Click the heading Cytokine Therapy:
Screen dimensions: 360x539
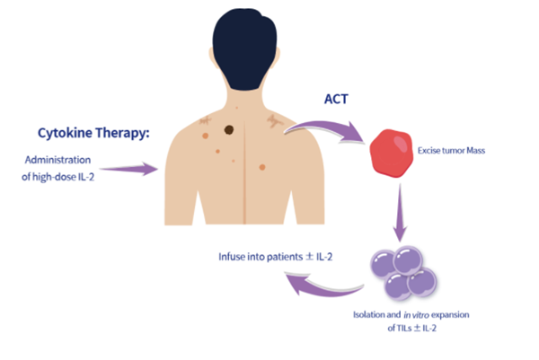(x=92, y=133)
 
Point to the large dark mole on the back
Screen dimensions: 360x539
(x=229, y=130)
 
